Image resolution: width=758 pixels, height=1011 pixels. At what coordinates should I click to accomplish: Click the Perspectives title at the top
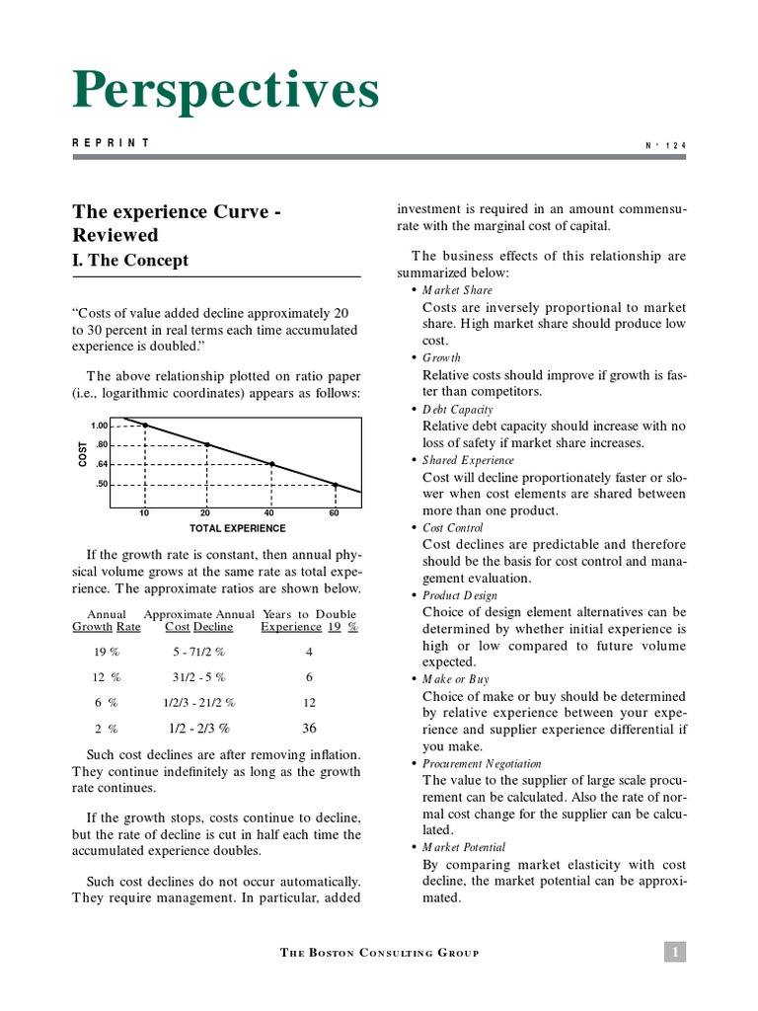(x=225, y=92)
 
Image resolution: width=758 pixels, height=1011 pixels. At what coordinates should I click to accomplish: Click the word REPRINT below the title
(x=111, y=143)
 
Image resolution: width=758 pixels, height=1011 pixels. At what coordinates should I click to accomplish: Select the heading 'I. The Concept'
(x=130, y=261)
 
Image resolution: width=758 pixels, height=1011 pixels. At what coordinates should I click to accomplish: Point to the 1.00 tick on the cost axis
(x=99, y=425)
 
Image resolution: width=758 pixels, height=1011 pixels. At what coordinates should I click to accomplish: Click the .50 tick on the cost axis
(x=101, y=484)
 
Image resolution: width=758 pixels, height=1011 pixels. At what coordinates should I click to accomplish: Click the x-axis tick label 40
(x=269, y=513)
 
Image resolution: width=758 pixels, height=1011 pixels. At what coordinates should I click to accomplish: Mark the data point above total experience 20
(x=207, y=445)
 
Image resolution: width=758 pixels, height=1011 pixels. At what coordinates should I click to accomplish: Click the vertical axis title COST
(x=83, y=455)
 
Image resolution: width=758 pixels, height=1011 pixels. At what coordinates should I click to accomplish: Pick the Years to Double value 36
(x=309, y=728)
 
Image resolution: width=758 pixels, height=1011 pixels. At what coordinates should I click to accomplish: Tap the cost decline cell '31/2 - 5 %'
(x=198, y=677)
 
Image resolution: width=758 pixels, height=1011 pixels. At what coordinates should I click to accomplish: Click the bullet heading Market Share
(x=457, y=290)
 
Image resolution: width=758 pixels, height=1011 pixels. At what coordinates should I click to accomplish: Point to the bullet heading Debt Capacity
(x=457, y=409)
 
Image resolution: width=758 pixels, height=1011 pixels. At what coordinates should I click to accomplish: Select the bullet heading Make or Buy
(x=455, y=679)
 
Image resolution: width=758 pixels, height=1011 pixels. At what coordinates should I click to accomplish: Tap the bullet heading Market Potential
(x=464, y=847)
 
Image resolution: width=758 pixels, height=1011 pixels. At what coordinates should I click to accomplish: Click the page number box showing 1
(x=675, y=952)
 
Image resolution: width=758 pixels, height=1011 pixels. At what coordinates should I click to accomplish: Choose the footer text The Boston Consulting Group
(x=379, y=953)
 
